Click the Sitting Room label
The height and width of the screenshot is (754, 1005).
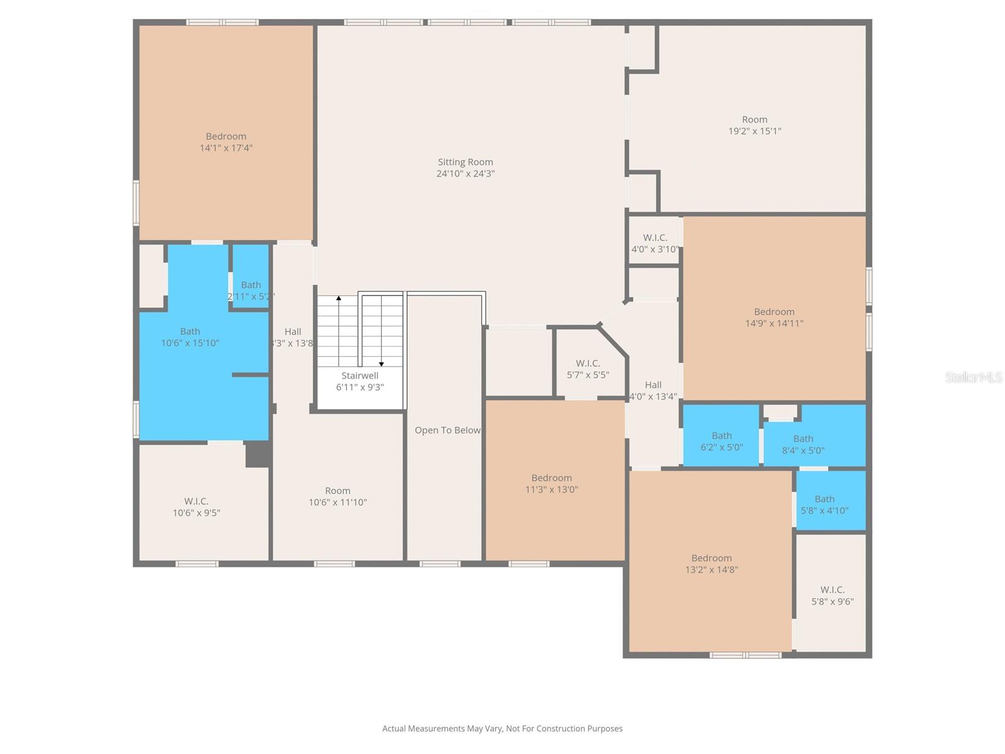[x=465, y=162]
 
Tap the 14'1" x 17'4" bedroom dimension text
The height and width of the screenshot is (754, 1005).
[x=226, y=148]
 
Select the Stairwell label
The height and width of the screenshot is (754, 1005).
[x=360, y=376]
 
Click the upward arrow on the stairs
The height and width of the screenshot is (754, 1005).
[x=339, y=298]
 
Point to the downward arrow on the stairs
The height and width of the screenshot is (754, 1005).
[x=381, y=364]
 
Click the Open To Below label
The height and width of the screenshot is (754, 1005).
[x=447, y=430]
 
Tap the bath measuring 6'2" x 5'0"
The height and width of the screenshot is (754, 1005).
[x=722, y=441]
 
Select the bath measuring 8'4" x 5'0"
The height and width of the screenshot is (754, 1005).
[x=803, y=444]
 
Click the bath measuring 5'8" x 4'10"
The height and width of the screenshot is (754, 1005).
[x=825, y=505]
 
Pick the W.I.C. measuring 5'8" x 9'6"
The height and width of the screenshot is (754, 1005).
[x=832, y=595]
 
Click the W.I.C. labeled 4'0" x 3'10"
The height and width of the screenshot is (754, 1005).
[x=655, y=243]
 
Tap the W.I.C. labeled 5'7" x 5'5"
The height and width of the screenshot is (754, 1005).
[x=588, y=369]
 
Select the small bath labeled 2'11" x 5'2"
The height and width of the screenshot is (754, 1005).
[x=251, y=290]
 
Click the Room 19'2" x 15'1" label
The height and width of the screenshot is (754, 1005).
[x=754, y=125]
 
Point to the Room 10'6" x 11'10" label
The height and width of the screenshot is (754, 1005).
[x=338, y=496]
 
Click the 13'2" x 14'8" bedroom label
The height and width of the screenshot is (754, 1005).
[x=712, y=564]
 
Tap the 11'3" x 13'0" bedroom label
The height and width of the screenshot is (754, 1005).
[x=551, y=483]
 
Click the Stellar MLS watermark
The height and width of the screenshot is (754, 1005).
[x=973, y=377]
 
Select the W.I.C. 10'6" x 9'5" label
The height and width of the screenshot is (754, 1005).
[x=197, y=506]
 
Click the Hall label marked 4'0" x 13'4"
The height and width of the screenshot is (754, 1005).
[x=653, y=390]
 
